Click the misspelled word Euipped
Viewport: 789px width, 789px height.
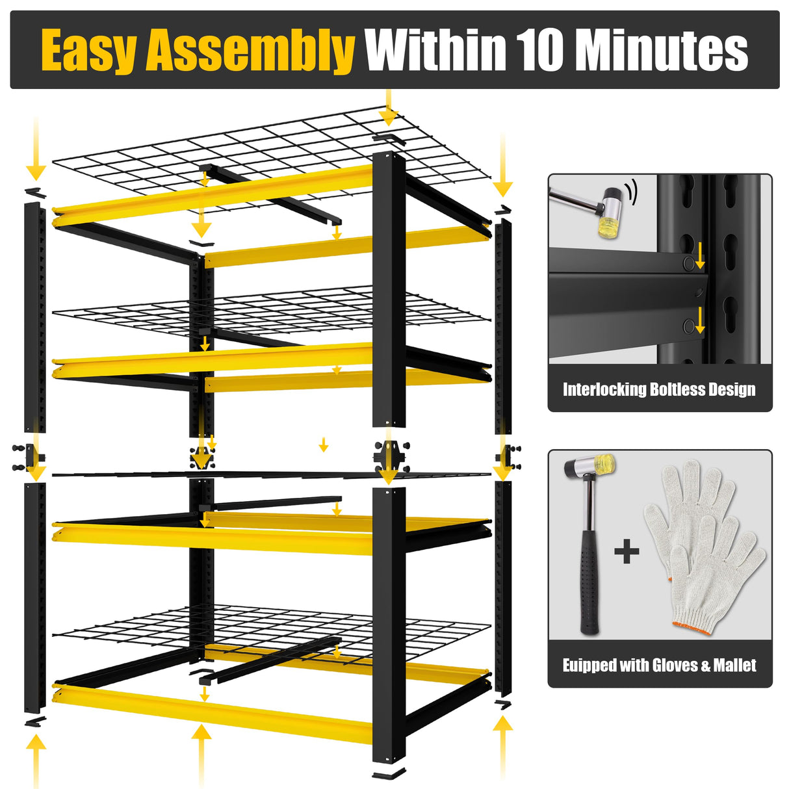[588, 665]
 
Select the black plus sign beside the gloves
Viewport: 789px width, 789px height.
[627, 553]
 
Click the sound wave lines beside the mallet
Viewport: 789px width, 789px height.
[632, 192]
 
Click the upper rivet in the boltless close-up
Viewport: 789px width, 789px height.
[687, 263]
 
